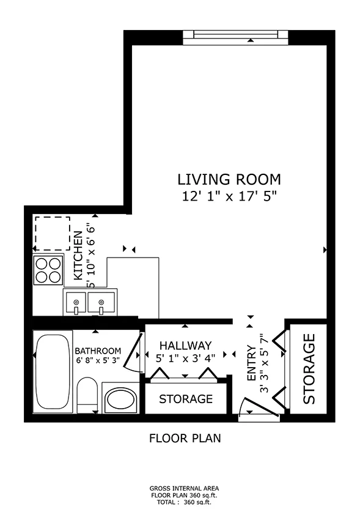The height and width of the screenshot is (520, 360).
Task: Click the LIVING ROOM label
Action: (229, 180)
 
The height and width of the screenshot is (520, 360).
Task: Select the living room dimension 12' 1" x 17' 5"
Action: (229, 196)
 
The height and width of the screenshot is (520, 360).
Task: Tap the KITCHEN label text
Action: (78, 256)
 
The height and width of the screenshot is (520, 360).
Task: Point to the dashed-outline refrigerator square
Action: (51, 233)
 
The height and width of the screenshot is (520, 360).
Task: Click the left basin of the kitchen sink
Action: (75, 302)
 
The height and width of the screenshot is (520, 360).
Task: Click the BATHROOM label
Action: (98, 351)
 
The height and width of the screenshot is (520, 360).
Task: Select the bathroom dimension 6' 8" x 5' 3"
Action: (98, 360)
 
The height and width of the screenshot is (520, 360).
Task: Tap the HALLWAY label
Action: (185, 346)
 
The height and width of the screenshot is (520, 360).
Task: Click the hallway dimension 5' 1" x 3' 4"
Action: (185, 358)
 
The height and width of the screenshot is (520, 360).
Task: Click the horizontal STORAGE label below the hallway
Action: (186, 399)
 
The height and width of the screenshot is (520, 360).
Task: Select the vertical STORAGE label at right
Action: (309, 369)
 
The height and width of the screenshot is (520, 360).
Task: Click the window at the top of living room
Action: (235, 35)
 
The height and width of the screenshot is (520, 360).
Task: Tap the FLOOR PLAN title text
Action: (185, 438)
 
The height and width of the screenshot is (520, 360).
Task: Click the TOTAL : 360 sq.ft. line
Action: (185, 502)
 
